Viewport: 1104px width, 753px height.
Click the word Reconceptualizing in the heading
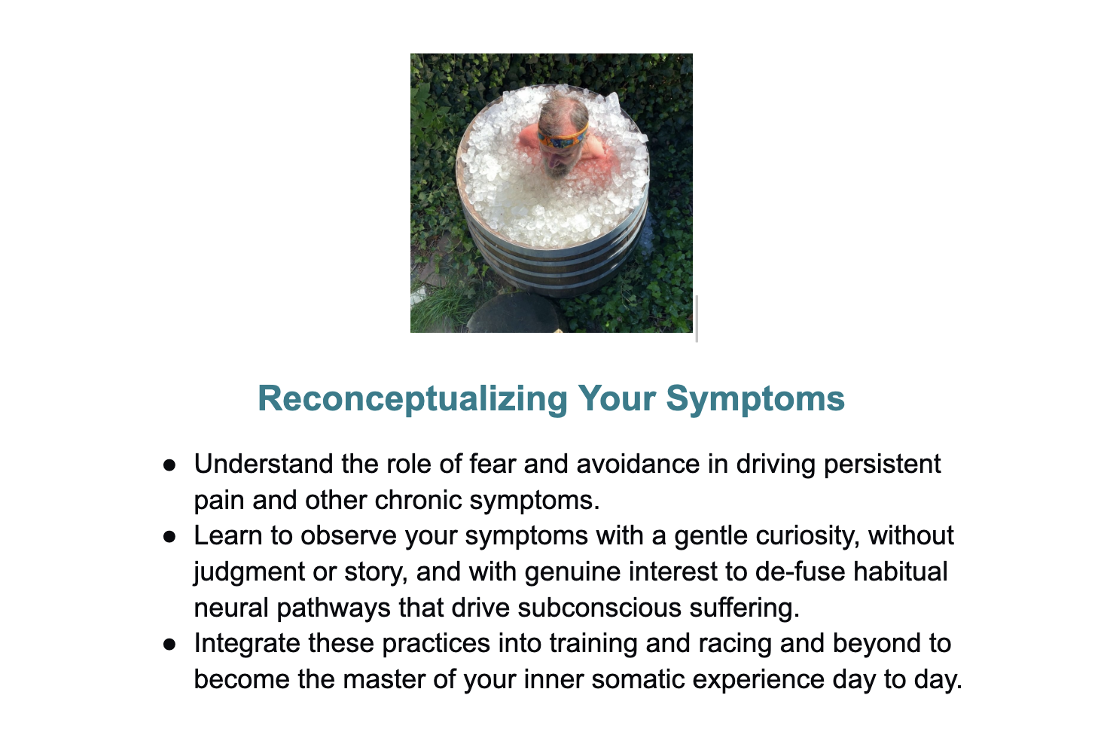coord(413,399)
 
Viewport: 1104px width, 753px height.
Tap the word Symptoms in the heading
coord(755,399)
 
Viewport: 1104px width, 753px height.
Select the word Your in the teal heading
coord(617,398)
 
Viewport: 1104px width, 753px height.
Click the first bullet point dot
coord(169,465)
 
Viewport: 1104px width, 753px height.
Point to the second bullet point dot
coord(169,537)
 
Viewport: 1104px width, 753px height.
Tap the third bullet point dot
coord(169,645)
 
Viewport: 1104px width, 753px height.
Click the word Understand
coord(263,464)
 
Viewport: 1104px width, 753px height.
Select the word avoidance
coord(638,464)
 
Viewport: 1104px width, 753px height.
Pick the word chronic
coord(418,500)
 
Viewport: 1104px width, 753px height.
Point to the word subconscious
coord(599,608)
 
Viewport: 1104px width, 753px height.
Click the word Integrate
coord(247,645)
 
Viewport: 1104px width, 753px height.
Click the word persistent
coord(883,464)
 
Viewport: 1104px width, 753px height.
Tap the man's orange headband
coord(563,136)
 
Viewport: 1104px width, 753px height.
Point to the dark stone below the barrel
coord(513,315)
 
